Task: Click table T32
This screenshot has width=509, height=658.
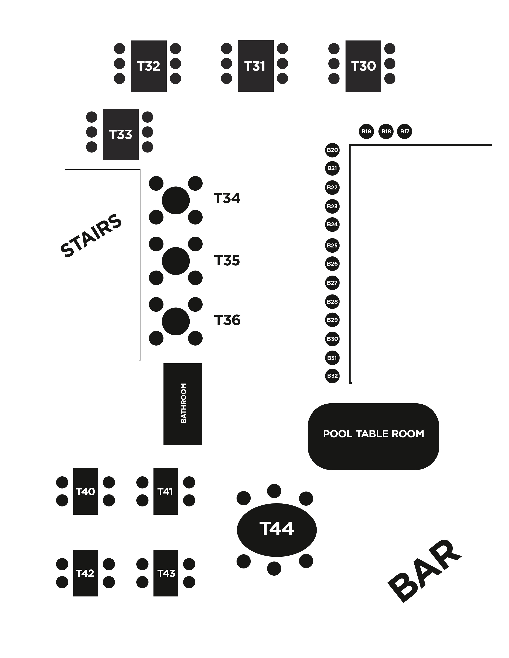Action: pos(149,66)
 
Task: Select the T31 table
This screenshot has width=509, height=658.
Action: pos(256,66)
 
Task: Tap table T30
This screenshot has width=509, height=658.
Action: pos(363,66)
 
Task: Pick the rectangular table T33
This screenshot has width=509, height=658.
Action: pos(121,134)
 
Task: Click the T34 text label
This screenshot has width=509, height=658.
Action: pos(227,198)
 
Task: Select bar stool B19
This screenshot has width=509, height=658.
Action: pos(366,131)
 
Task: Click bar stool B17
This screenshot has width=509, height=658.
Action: pos(404,131)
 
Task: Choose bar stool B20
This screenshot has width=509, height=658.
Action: pos(332,150)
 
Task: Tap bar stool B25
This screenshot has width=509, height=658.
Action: pos(332,245)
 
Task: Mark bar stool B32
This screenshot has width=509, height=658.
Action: pos(332,376)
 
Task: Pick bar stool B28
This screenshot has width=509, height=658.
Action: pos(332,301)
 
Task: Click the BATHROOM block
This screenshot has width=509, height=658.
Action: pos(183,404)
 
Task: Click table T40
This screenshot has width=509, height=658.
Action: pos(85,491)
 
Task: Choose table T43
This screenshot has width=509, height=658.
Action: pos(165,573)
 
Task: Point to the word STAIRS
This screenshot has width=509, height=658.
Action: pos(91,236)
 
